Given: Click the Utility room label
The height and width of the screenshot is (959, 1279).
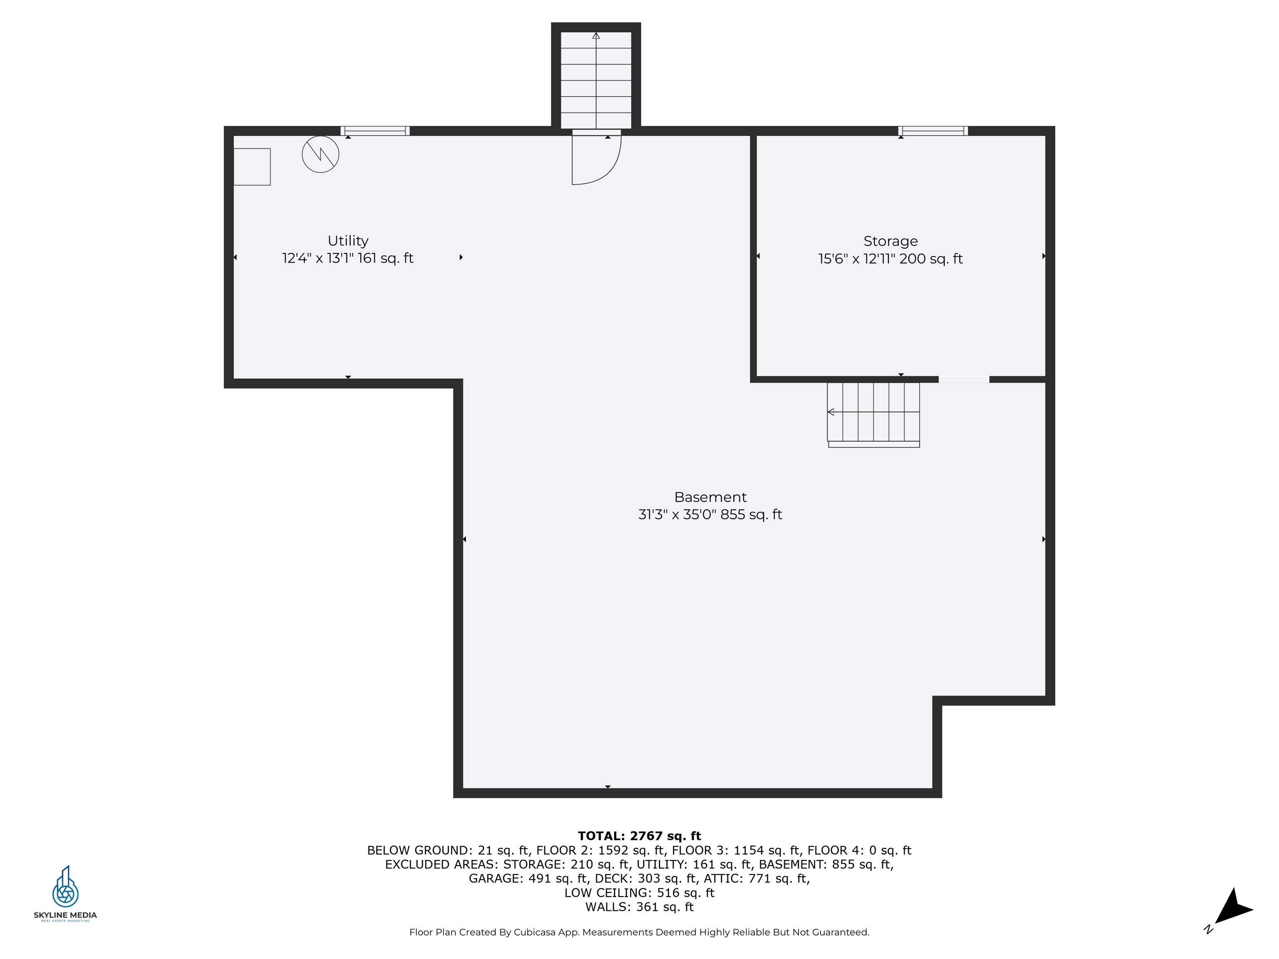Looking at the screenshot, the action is tap(348, 241).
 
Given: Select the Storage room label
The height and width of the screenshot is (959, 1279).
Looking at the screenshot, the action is tap(891, 241).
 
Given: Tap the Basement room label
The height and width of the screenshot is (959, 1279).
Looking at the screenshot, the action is tap(710, 497).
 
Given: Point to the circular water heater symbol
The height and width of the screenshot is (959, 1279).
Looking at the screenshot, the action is tap(320, 154).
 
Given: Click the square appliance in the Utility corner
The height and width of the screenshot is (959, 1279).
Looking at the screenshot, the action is tap(252, 166).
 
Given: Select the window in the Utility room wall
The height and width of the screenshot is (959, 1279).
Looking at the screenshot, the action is tap(375, 131).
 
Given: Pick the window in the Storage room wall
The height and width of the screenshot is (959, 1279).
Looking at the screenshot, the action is tap(933, 131).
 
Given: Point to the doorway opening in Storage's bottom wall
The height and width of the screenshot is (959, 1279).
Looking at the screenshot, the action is tap(964, 380).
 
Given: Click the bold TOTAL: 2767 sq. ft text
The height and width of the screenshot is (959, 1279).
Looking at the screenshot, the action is tap(639, 836).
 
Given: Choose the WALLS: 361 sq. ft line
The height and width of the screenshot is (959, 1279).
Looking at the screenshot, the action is tap(639, 907).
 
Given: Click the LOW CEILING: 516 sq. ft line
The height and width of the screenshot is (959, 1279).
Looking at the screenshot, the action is tap(639, 892).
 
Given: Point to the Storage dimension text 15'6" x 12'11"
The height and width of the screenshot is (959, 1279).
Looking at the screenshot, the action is tap(857, 259).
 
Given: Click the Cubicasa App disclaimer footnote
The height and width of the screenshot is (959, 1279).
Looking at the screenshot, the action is tap(639, 932).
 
